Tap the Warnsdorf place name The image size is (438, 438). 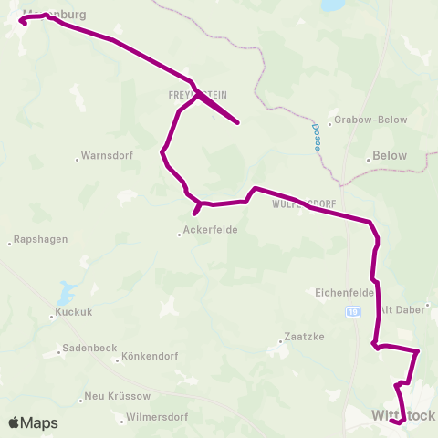pyautogui.click(x=108, y=155)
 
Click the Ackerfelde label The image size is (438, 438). pyautogui.click(x=211, y=231)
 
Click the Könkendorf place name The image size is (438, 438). pyautogui.click(x=148, y=356)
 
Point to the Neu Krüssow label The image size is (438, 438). pyautogui.click(x=115, y=397)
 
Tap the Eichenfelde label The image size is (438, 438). pyautogui.click(x=345, y=293)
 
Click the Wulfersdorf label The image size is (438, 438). pyautogui.click(x=305, y=204)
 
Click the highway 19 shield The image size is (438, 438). pyautogui.click(x=352, y=313)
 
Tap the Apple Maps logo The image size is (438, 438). pyautogui.click(x=34, y=422)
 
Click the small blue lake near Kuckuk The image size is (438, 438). pyautogui.click(x=66, y=294)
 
